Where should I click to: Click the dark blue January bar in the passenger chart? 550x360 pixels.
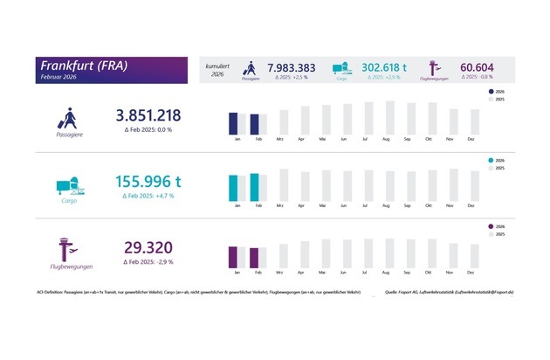tap(233, 124)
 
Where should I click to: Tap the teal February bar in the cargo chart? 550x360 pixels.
tap(254, 187)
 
